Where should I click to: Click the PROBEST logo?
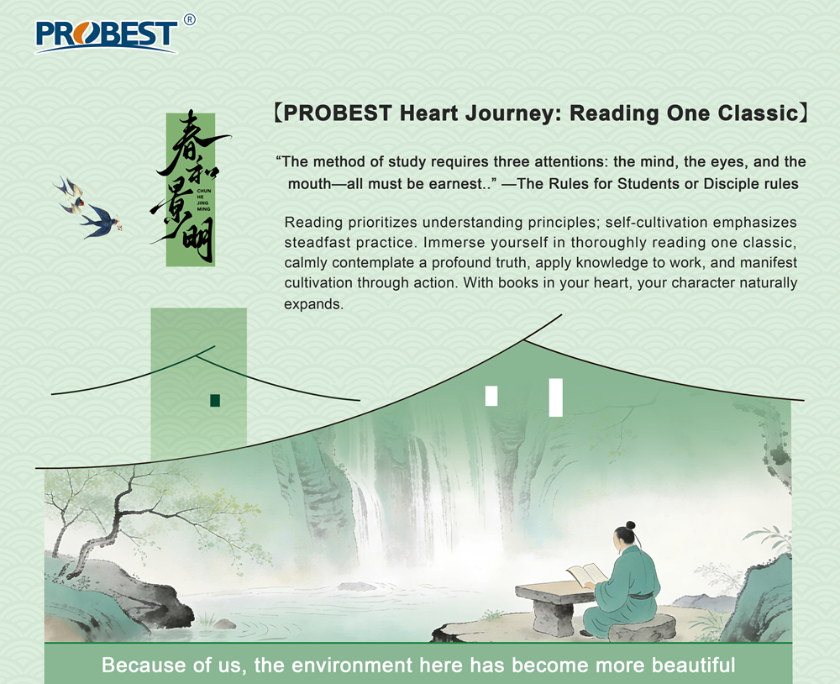[106, 34]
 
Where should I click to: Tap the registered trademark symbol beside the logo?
[189, 19]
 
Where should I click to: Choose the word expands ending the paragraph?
[313, 303]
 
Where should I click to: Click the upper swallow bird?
[71, 192]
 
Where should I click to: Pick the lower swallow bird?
[100, 220]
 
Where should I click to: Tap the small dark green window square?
[215, 400]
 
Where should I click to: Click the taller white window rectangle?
[555, 397]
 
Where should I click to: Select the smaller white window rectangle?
[491, 395]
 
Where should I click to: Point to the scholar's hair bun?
[630, 527]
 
